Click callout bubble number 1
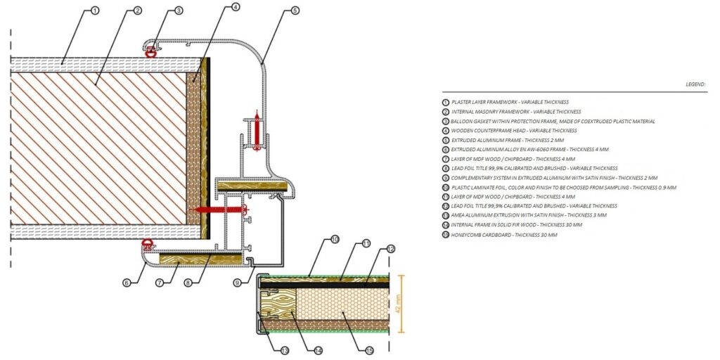pyautogui.click(x=94, y=11)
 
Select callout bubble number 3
pyautogui.click(x=179, y=11)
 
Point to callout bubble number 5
pyautogui.click(x=295, y=11)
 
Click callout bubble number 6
pyautogui.click(x=127, y=283)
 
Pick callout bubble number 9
pyautogui.click(x=238, y=283)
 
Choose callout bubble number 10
pyautogui.click(x=335, y=240)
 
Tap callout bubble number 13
pyautogui.click(x=284, y=350)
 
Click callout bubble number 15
pyautogui.click(x=369, y=350)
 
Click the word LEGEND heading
pyautogui.click(x=695, y=84)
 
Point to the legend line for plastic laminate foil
pyautogui.click(x=562, y=188)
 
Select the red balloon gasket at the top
pyautogui.click(x=149, y=50)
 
